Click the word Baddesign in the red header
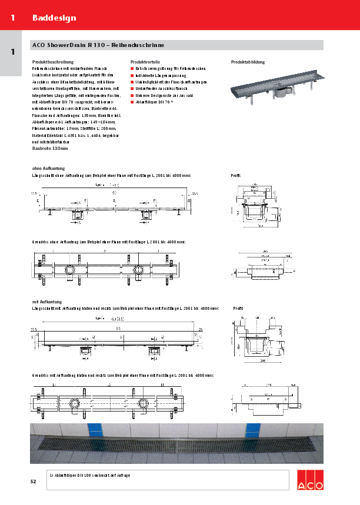pyautogui.click(x=54, y=18)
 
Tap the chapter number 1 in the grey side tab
pyautogui.click(x=12, y=52)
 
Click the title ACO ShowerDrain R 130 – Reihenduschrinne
pyautogui.click(x=98, y=45)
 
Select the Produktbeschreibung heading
pyautogui.click(x=53, y=62)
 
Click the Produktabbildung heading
pyautogui.click(x=248, y=62)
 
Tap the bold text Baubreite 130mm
pyautogui.click(x=50, y=149)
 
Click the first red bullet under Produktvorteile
pyautogui.click(x=132, y=69)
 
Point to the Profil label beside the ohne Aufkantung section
pyautogui.click(x=235, y=175)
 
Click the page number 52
pyautogui.click(x=34, y=482)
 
